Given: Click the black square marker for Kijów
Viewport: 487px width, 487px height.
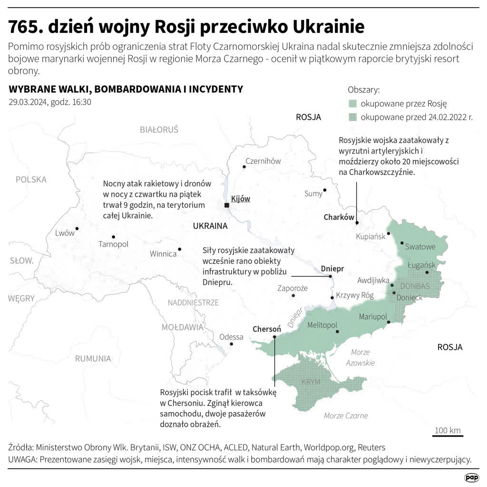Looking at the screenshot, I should tap(227, 205).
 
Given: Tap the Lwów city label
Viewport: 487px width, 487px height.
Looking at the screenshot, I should tap(65, 233).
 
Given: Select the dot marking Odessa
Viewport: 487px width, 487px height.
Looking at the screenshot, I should tap(231, 344).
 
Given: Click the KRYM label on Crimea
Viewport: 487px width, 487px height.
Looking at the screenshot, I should tap(311, 382).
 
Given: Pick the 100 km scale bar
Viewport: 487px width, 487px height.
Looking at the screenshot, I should tap(448, 435).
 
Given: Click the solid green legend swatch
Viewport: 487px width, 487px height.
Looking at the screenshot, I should tap(352, 104).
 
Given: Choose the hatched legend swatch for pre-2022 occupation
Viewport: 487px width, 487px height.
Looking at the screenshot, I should tap(352, 117).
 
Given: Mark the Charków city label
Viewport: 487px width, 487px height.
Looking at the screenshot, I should tap(339, 217).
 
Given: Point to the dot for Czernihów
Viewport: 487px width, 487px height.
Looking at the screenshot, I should tap(244, 166).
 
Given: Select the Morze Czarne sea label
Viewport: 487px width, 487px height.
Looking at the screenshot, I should tap(346, 416).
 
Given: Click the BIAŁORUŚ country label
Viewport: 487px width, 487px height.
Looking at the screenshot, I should tap(159, 129).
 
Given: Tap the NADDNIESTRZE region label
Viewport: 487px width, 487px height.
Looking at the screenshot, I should tap(193, 302).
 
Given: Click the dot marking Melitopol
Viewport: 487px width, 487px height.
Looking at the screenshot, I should tap(337, 331).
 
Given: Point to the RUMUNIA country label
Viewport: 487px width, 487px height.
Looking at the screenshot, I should tap(93, 359).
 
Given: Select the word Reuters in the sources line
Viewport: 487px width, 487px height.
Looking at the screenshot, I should tap(371, 448).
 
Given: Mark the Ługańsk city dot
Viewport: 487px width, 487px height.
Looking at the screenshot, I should tap(427, 273).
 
